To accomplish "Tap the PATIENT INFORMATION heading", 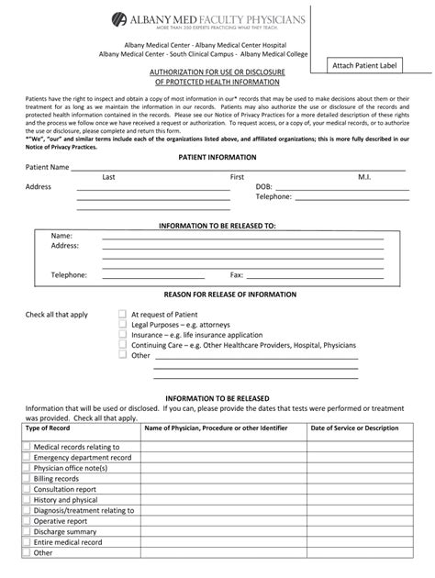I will point(217,158).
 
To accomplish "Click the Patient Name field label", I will point(47,168).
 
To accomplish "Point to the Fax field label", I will point(236,274).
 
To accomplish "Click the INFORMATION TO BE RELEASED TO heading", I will point(217,225).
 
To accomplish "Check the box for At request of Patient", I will point(122,314).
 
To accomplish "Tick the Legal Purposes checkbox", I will point(122,324).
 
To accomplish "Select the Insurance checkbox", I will point(122,335).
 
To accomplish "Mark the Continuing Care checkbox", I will point(122,345).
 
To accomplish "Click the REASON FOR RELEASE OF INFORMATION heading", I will point(217,295).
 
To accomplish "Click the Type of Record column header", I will point(48,428).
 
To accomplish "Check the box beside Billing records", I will point(27,479).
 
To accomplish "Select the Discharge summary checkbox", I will point(27,531).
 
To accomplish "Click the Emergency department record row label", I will point(83,457).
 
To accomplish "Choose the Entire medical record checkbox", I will point(27,542).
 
